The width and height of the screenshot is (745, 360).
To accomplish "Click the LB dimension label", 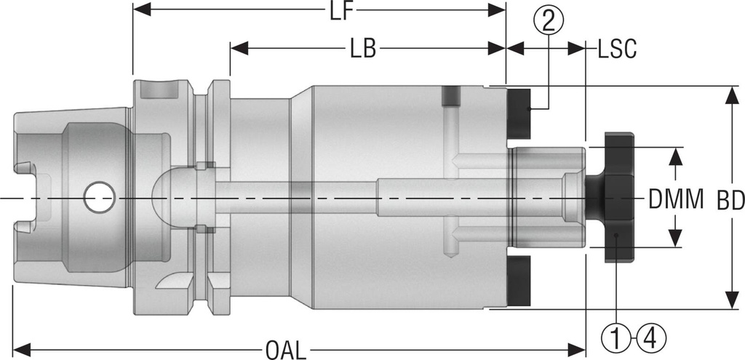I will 362,49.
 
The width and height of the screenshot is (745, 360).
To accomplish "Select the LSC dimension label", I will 617,49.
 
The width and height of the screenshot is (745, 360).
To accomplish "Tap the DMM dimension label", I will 677,198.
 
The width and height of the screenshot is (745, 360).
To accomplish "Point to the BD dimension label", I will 730,198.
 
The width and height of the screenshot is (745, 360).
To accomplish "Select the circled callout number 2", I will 549,20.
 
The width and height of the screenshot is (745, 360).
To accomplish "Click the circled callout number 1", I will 615,337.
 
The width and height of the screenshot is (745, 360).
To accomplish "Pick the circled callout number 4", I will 651,337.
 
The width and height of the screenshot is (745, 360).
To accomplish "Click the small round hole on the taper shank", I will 98,197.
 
